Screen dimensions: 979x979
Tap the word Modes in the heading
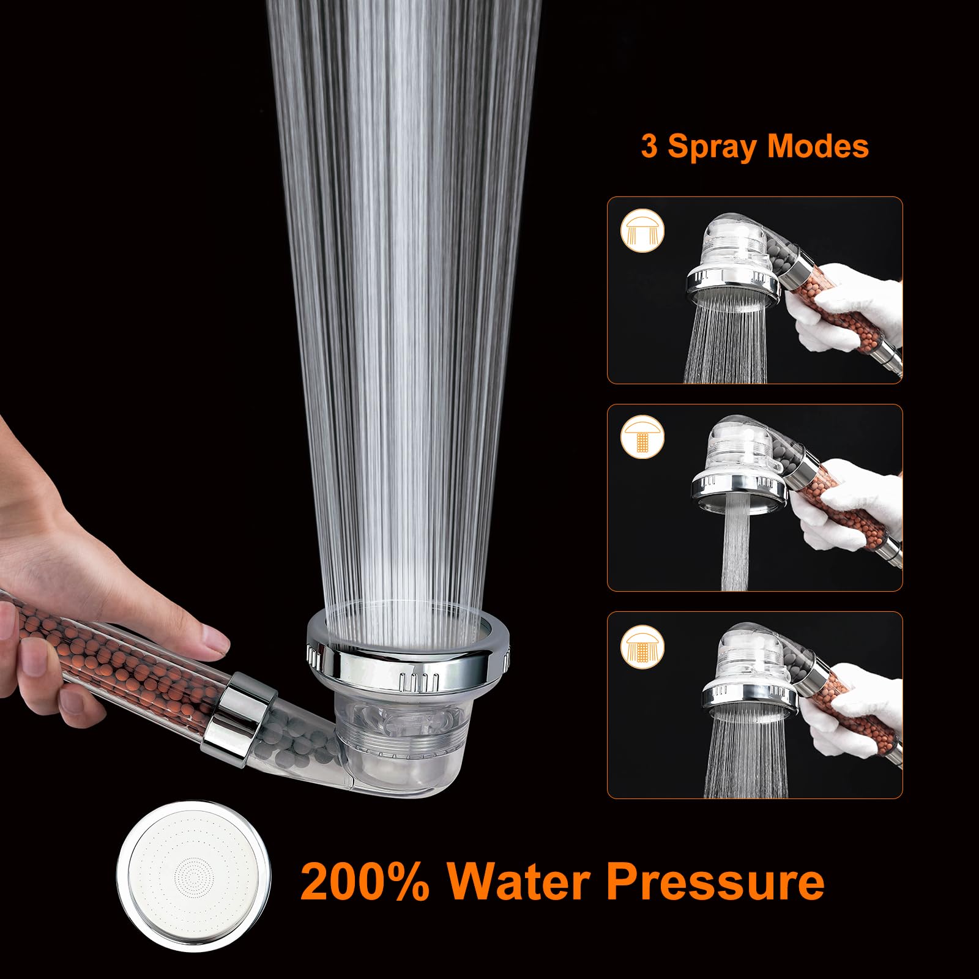[818, 147]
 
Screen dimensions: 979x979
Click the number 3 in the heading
[649, 147]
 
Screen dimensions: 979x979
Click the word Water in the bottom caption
[519, 881]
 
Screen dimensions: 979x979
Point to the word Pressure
[715, 881]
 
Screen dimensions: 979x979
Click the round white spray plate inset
[193, 876]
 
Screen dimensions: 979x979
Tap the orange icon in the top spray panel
[642, 231]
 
